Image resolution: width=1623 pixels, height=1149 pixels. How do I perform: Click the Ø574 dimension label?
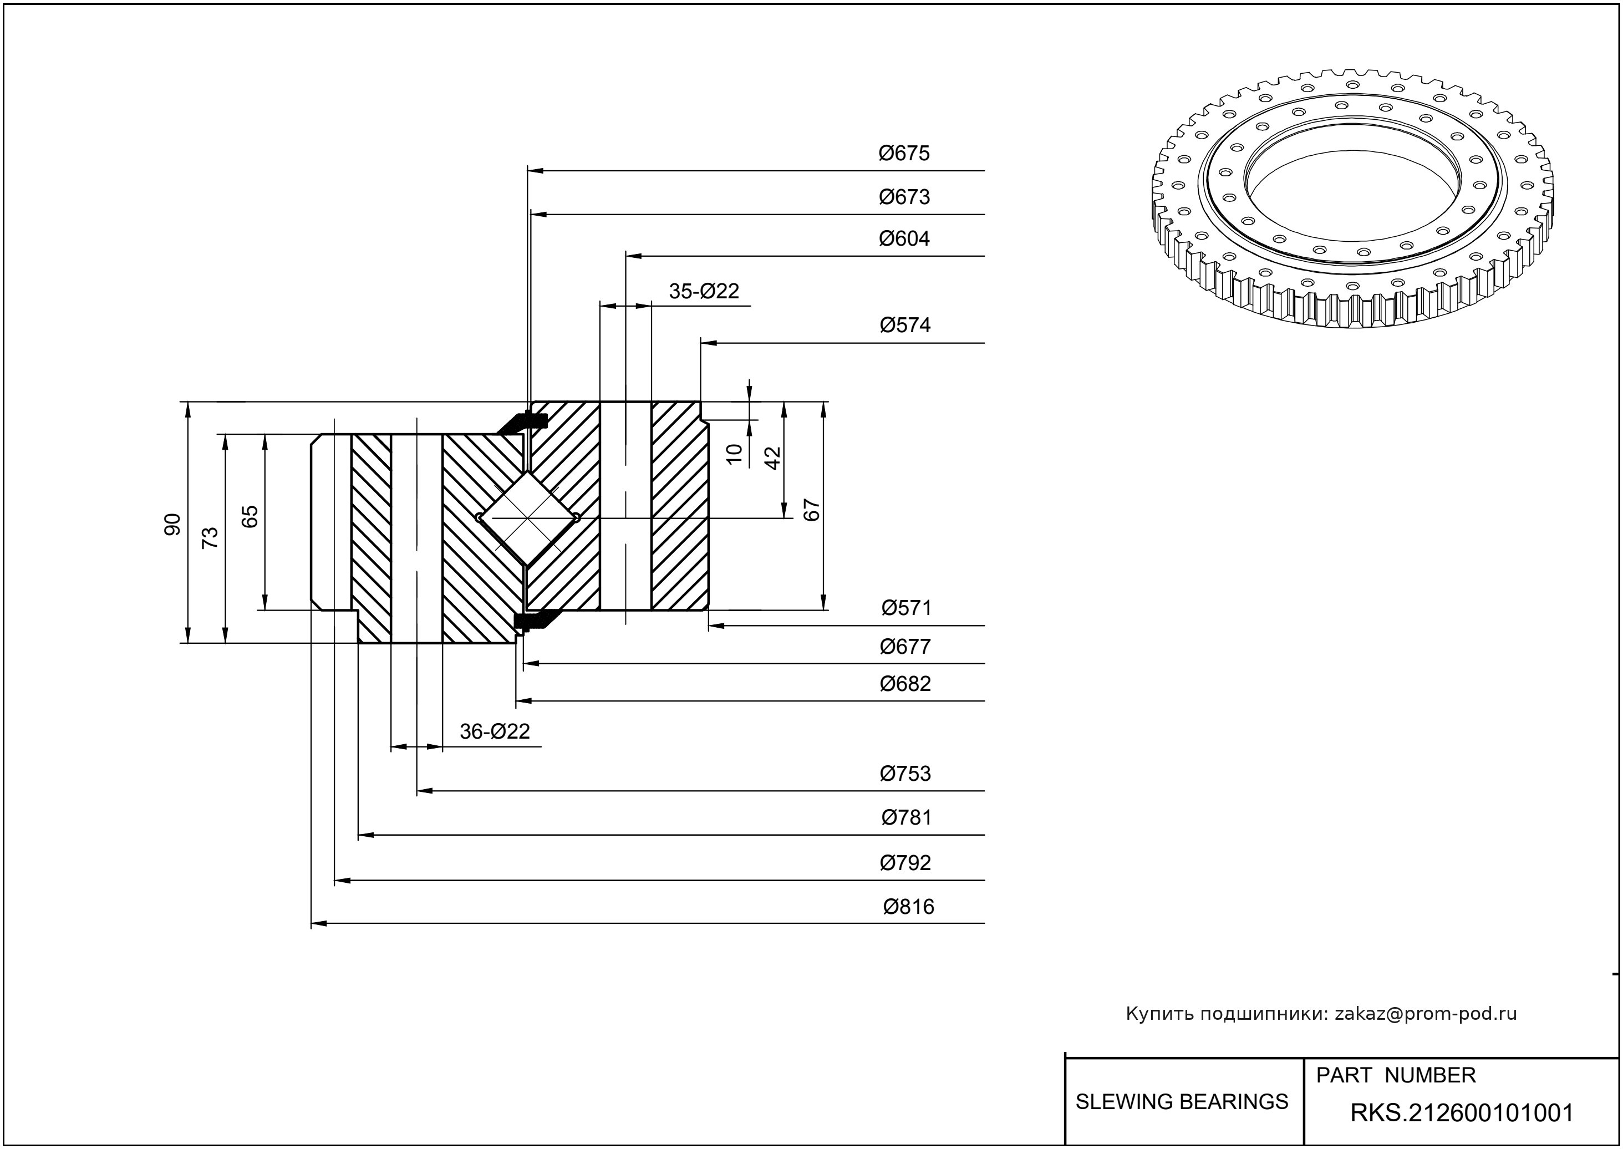click(x=904, y=326)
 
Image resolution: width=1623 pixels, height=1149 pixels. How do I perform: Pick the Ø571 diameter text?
click(x=905, y=608)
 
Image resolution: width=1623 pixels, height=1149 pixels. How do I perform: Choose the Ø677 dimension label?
click(x=904, y=646)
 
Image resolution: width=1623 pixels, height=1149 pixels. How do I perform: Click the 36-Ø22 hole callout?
click(x=494, y=731)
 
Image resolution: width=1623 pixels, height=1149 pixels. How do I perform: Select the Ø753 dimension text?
click(x=904, y=774)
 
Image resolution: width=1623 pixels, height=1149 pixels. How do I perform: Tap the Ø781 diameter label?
click(x=905, y=818)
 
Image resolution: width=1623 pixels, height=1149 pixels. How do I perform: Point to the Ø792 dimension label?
click(x=904, y=862)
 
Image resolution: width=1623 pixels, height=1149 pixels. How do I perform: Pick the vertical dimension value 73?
click(x=210, y=538)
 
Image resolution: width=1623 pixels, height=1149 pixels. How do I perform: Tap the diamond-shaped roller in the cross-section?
click(x=527, y=518)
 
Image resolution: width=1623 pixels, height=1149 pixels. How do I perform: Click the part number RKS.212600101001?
click(x=1462, y=1113)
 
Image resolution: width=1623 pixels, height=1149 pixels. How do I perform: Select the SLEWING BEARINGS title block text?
click(x=1182, y=1102)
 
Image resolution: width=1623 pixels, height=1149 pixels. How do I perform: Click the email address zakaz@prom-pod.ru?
click(x=1425, y=1014)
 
